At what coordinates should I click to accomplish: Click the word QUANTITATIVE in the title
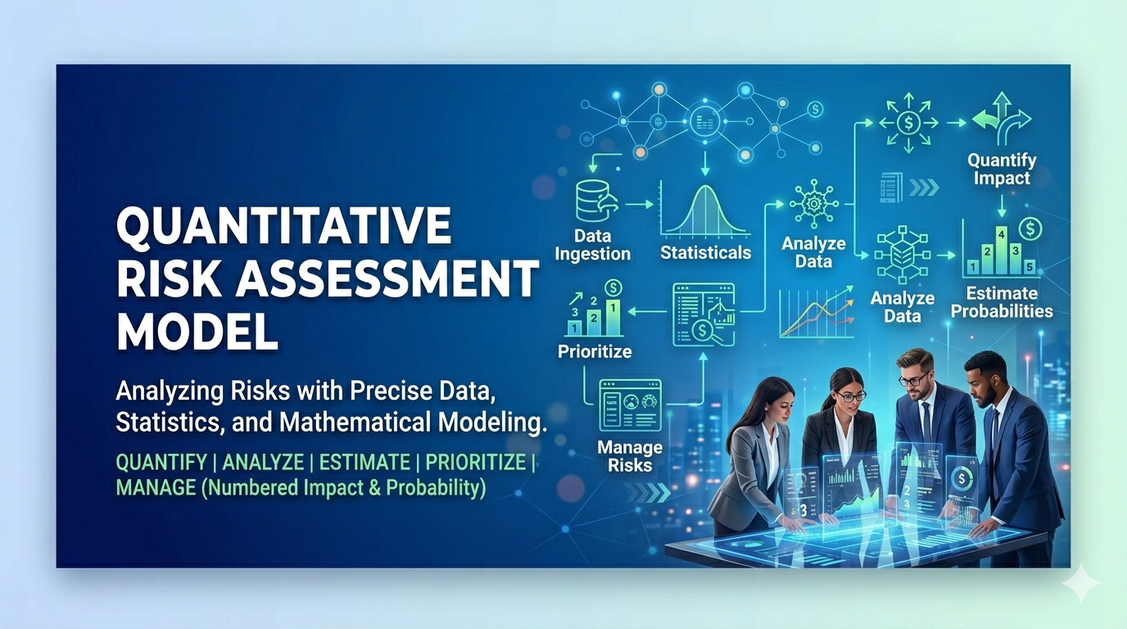(283, 226)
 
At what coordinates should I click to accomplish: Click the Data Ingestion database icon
(592, 201)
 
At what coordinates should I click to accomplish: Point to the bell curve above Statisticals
(704, 210)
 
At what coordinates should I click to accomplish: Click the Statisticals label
(705, 252)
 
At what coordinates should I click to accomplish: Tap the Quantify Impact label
(1001, 168)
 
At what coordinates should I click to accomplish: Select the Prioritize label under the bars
(595, 352)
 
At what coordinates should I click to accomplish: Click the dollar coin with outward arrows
(910, 124)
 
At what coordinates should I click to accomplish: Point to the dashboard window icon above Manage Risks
(630, 405)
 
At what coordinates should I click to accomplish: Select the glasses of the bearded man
(912, 379)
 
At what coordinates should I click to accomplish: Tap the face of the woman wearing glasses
(849, 396)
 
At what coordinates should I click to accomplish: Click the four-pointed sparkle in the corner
(1079, 582)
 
